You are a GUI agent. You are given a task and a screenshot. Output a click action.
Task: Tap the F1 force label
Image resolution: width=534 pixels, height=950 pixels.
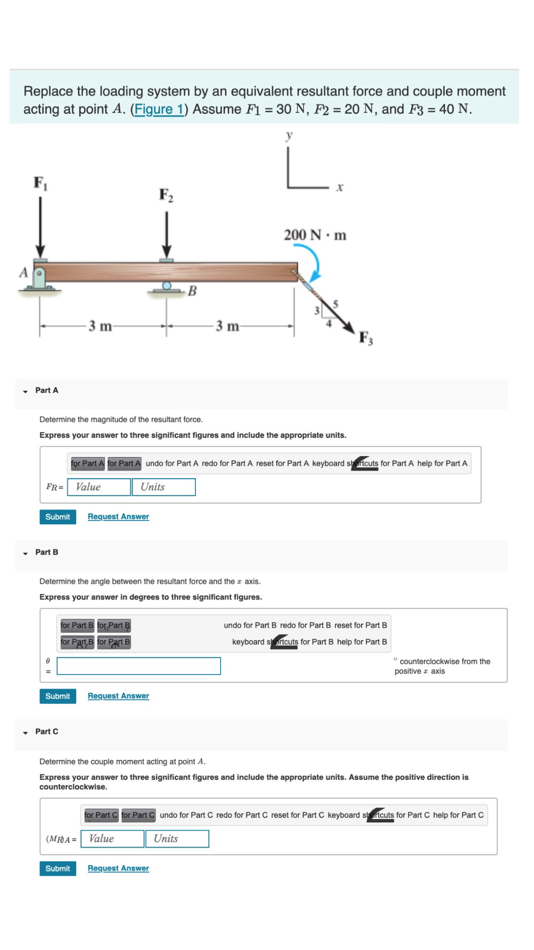[x=40, y=183]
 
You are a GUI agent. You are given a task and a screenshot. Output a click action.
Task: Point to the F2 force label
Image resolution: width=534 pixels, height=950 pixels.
[x=166, y=195]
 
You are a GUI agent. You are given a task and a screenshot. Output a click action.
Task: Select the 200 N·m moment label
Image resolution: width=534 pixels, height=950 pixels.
[x=315, y=235]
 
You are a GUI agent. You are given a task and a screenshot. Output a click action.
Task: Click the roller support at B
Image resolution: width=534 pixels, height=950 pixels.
[x=166, y=287]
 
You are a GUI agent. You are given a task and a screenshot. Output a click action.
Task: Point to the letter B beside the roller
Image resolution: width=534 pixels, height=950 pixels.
[x=192, y=291]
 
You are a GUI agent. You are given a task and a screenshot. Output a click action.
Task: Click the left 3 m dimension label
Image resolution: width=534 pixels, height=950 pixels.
[x=100, y=326]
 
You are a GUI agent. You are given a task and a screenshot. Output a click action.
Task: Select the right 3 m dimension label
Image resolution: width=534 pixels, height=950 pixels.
[x=227, y=326]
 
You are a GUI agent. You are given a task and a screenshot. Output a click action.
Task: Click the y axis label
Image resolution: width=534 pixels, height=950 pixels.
[x=289, y=135]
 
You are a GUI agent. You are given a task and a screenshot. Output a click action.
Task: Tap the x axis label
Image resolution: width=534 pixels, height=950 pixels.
[x=339, y=187]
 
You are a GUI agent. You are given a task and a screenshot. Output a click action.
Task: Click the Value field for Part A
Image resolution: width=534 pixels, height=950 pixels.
[x=99, y=487]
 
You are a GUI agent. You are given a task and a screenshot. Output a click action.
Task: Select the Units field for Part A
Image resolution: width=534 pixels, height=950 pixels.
[x=164, y=487]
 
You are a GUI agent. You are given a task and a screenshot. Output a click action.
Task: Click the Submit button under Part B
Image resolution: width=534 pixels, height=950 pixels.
[x=58, y=696]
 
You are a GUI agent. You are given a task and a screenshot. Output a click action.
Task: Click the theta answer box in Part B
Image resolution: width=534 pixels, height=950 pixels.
[x=139, y=666]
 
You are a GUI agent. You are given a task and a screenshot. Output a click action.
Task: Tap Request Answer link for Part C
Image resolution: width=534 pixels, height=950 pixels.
[x=118, y=868]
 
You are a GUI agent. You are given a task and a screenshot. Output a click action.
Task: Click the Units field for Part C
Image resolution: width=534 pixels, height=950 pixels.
[x=177, y=839]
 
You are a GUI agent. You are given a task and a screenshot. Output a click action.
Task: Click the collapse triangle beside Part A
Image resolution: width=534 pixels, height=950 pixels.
[x=25, y=392]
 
